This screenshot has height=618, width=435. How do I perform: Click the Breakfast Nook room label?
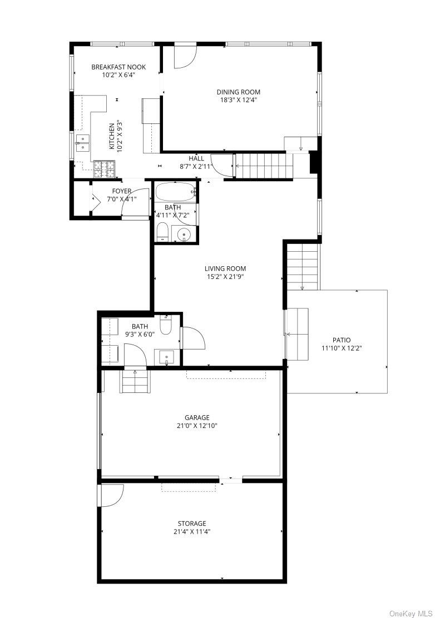pyautogui.click(x=118, y=67)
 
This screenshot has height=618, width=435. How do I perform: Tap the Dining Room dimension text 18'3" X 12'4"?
pyautogui.click(x=238, y=100)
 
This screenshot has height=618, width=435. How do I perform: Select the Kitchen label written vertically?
pyautogui.click(x=112, y=136)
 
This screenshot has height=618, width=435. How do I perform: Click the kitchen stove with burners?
pyautogui.click(x=104, y=169)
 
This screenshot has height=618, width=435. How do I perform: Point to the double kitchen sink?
pyautogui.click(x=83, y=143)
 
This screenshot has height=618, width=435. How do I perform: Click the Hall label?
pyautogui.click(x=196, y=158)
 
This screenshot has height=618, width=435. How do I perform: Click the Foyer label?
pyautogui.click(x=122, y=191)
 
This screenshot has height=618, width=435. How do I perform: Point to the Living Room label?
pyautogui.click(x=225, y=269)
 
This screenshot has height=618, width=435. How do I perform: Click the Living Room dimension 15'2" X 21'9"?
pyautogui.click(x=225, y=277)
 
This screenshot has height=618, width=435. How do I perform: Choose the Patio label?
pyautogui.click(x=342, y=340)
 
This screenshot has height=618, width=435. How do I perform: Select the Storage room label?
pyautogui.click(x=192, y=524)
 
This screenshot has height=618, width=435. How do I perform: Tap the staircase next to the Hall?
pyautogui.click(x=264, y=166)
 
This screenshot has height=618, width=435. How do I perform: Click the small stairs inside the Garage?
pyautogui.click(x=135, y=381)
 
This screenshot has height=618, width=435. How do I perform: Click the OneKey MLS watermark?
pyautogui.click(x=411, y=613)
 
